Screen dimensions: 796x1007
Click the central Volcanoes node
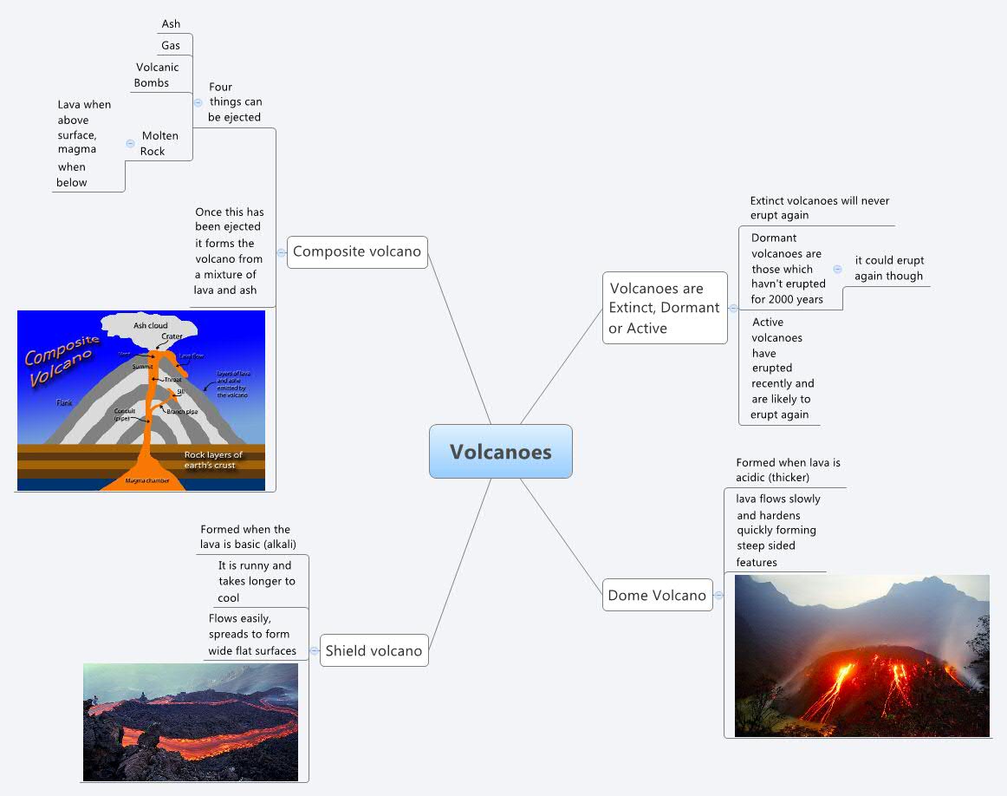500,452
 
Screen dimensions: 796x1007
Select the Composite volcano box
357,251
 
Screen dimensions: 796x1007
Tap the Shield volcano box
374,650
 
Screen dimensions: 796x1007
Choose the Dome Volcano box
657,595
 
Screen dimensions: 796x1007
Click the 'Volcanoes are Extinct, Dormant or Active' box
664,308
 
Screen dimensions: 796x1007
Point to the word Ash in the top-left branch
171,23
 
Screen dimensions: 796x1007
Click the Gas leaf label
170,45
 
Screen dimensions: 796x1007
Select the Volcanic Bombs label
156,75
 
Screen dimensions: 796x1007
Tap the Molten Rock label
159,143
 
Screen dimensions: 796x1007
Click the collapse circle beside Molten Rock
130,143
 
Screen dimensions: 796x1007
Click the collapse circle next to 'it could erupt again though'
837,269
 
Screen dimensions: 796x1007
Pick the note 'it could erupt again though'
889,268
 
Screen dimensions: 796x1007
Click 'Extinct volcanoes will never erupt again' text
819,207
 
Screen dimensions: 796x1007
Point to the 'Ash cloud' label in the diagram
150,325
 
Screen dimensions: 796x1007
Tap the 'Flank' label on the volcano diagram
64,402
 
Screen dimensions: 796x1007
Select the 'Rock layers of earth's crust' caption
213,460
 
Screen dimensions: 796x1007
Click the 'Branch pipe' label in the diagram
182,411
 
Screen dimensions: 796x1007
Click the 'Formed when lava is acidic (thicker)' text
788,470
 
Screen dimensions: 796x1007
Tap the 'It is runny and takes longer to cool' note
256,581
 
